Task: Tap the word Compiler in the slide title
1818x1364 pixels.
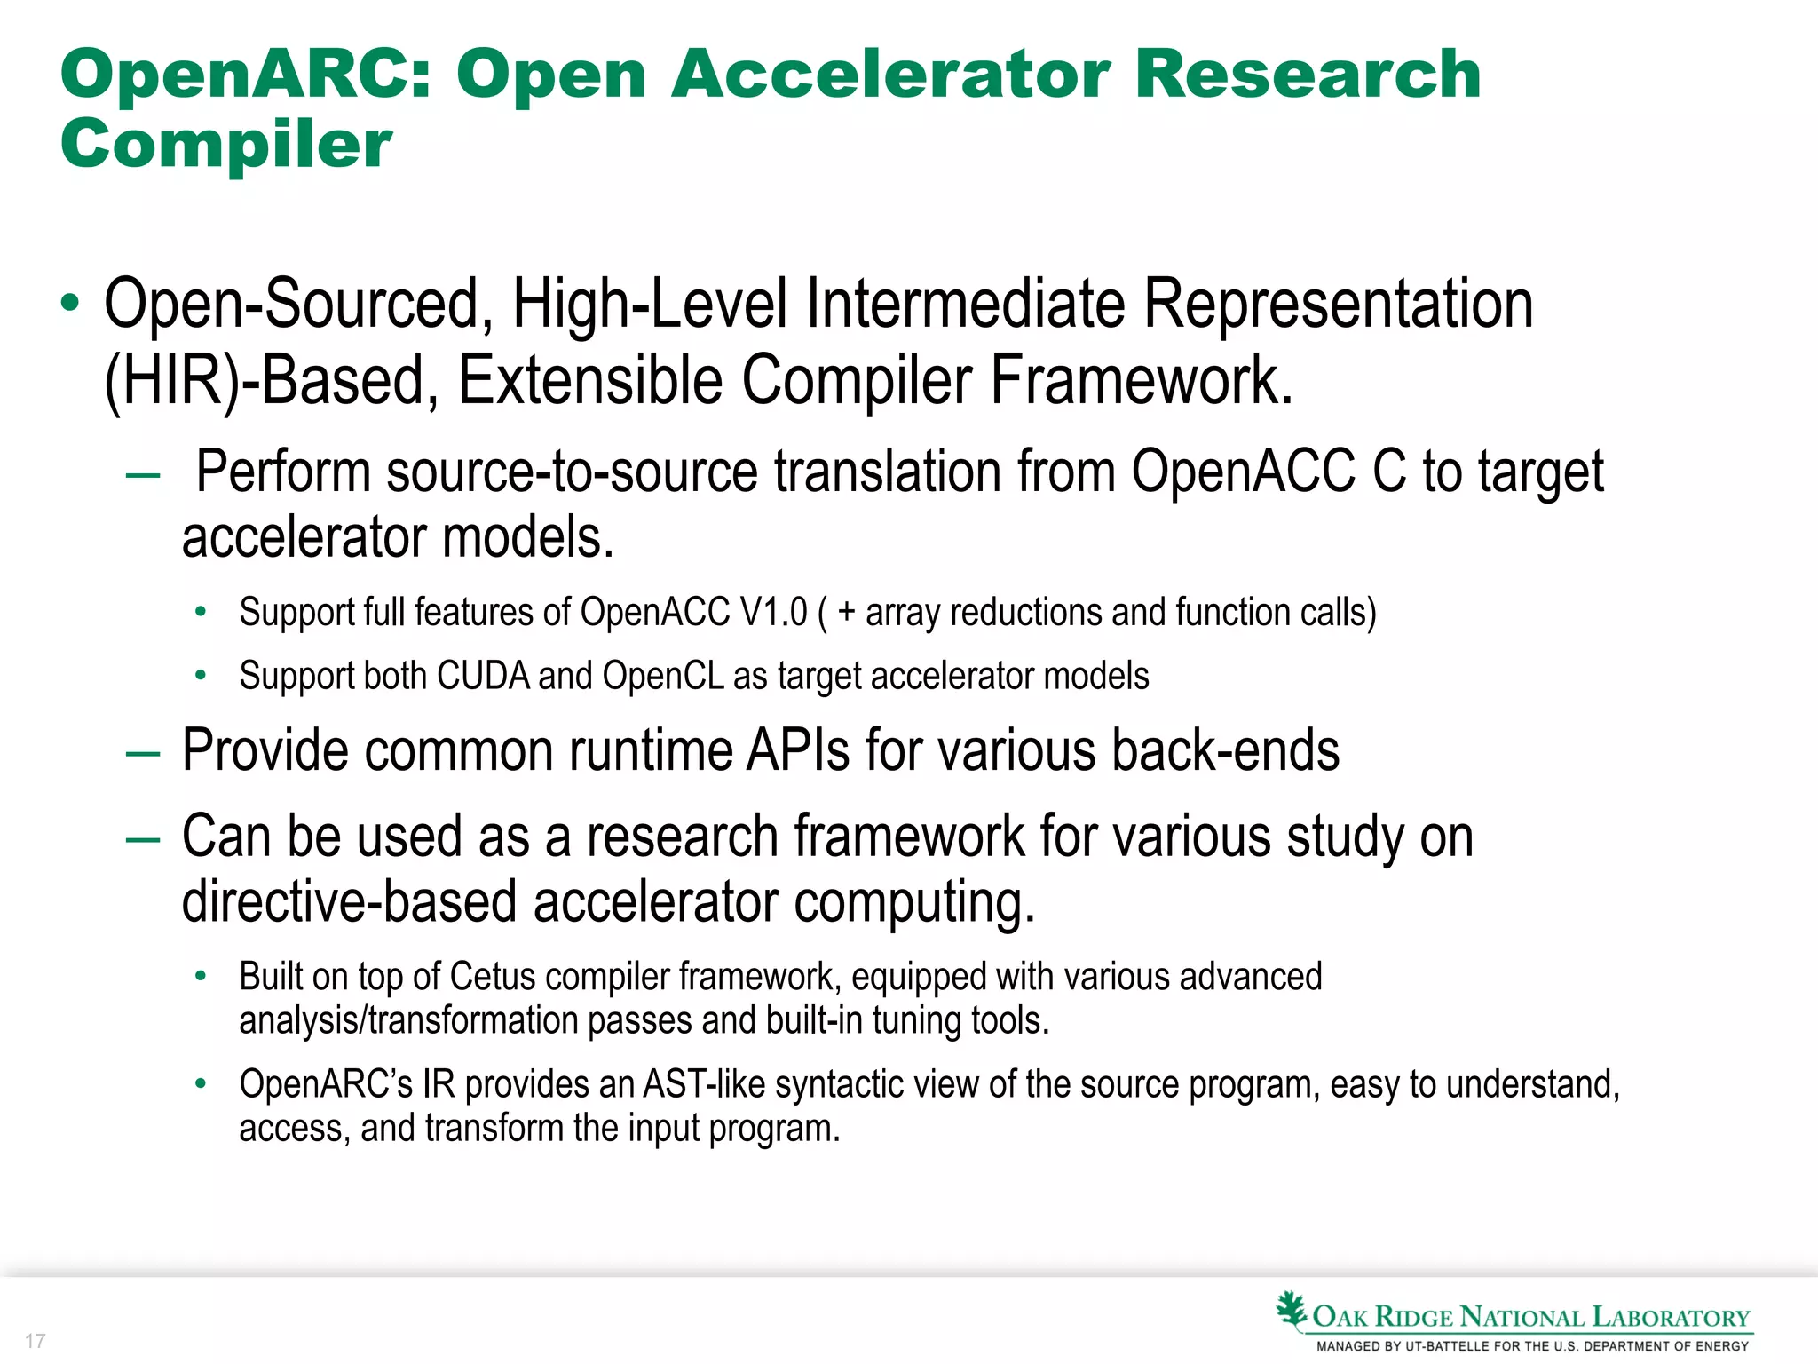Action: pos(226,144)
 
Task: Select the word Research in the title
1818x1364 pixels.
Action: pos(1308,75)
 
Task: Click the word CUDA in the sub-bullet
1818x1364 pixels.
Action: pos(484,677)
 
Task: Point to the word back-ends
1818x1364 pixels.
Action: pos(1225,751)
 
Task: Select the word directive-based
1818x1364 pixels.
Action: pos(349,902)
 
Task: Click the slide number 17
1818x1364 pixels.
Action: pos(36,1341)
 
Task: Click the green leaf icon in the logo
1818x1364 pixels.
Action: pos(1292,1311)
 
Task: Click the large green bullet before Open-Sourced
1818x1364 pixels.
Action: pos(70,305)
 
